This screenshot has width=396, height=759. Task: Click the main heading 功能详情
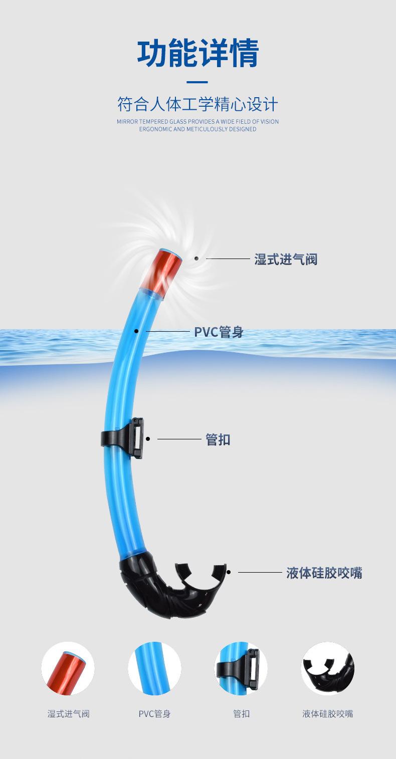pos(198,54)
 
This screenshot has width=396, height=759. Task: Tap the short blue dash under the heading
pos(197,82)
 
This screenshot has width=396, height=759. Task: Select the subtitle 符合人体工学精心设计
pos(197,105)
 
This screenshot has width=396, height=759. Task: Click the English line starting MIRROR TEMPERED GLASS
pos(197,121)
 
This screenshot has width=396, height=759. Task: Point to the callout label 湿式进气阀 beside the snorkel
pos(286,260)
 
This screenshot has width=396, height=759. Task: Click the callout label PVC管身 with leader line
pos(219,332)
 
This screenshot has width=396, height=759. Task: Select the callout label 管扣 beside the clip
pos(218,440)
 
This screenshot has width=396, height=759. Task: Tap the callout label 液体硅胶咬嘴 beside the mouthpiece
pos(324,573)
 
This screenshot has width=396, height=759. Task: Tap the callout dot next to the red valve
pos(196,259)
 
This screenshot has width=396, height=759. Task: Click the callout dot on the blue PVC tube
pos(136,331)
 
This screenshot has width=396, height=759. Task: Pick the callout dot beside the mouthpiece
pos(229,572)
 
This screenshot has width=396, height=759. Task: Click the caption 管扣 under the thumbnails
pos(241,714)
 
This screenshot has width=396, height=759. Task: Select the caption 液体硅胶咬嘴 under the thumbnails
pos(327,714)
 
